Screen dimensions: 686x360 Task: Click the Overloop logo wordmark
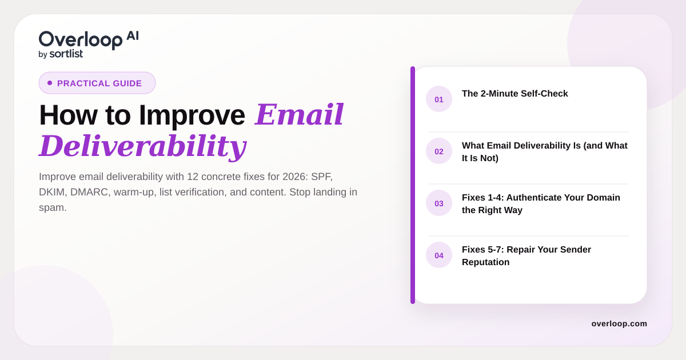pyautogui.click(x=81, y=40)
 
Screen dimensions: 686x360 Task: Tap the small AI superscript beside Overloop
pyautogui.click(x=133, y=36)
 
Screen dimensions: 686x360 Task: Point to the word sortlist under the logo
pyautogui.click(x=66, y=54)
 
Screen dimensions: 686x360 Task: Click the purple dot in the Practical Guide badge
pyautogui.click(x=50, y=83)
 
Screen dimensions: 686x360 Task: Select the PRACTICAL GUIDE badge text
pyautogui.click(x=99, y=83)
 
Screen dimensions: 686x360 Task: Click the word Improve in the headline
pyautogui.click(x=192, y=115)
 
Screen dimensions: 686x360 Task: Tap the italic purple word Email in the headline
pyautogui.click(x=299, y=114)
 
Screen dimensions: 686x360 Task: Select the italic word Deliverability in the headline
pyautogui.click(x=143, y=146)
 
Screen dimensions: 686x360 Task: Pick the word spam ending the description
pyautogui.click(x=53, y=208)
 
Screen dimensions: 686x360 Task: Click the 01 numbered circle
pyautogui.click(x=439, y=99)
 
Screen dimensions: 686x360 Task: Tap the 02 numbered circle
pyautogui.click(x=439, y=151)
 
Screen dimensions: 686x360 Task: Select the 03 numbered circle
pyautogui.click(x=439, y=203)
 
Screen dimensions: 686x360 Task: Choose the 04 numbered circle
pyautogui.click(x=439, y=255)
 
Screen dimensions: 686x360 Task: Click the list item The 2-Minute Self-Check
pyautogui.click(x=515, y=93)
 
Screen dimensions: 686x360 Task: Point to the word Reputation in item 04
pyautogui.click(x=486, y=262)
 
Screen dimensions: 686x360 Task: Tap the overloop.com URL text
pyautogui.click(x=619, y=323)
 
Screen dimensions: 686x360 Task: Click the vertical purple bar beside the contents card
pyautogui.click(x=413, y=185)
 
